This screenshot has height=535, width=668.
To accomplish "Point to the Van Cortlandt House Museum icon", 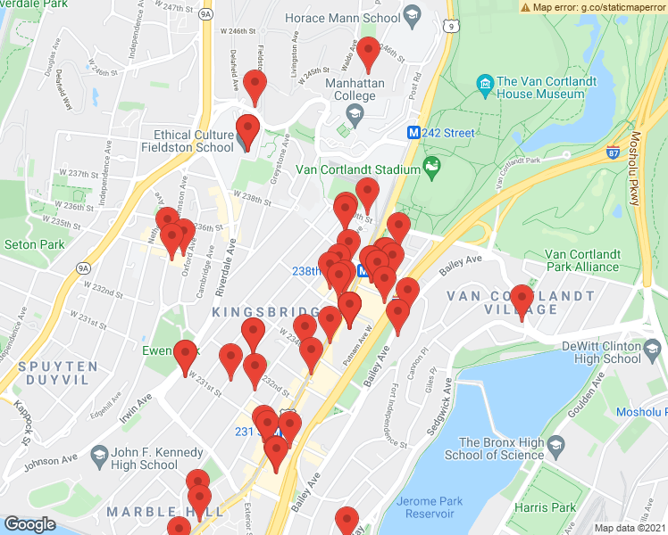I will point(486,86).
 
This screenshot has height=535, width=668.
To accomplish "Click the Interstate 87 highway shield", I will point(614,152).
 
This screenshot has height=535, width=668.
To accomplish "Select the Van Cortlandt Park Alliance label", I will point(582,260).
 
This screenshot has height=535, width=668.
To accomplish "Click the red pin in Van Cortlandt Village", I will point(522,300).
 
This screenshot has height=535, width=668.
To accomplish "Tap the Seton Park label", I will point(34,244).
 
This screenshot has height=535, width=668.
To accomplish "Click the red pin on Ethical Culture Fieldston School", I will point(247,130).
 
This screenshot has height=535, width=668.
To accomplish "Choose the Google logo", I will point(29,524).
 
